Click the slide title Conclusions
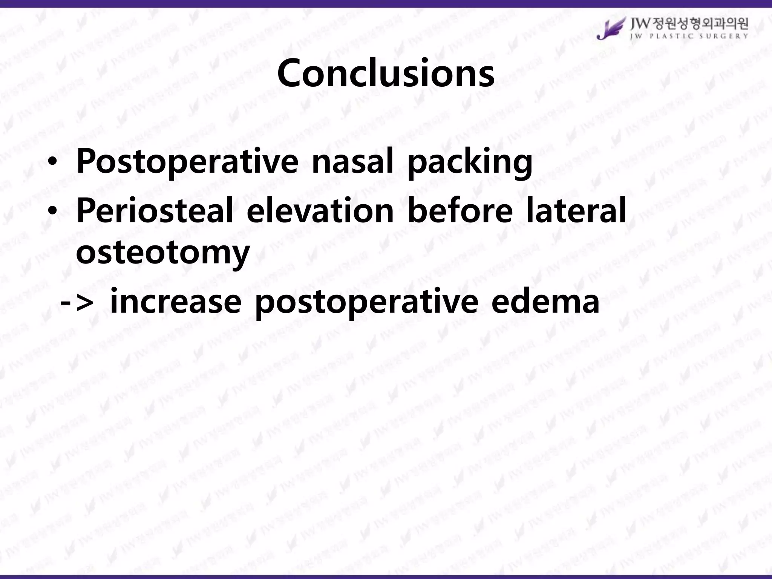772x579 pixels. click(x=385, y=73)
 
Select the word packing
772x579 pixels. click(x=470, y=163)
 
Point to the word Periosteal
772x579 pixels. click(x=155, y=211)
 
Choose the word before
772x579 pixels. click(x=460, y=211)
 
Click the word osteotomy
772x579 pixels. click(x=163, y=253)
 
